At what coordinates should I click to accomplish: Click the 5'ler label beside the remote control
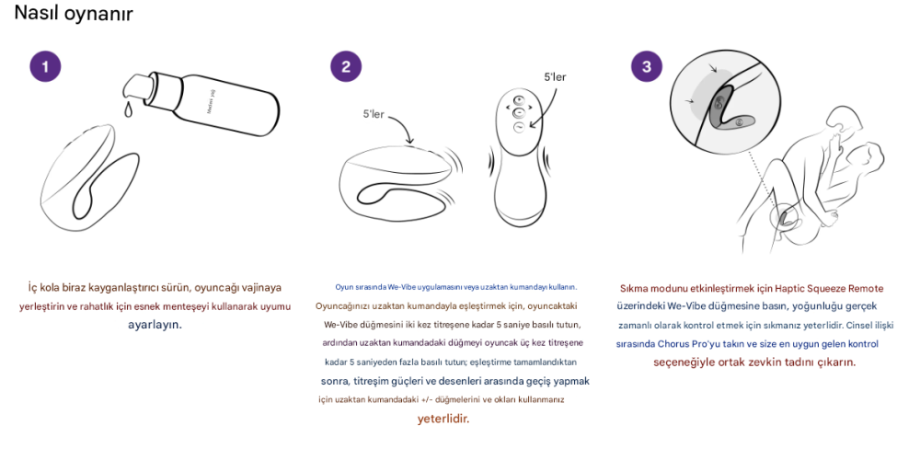(x=555, y=77)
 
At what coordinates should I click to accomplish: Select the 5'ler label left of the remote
(x=379, y=114)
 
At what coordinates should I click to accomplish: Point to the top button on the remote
(x=518, y=99)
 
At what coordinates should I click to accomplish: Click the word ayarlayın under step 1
(x=155, y=325)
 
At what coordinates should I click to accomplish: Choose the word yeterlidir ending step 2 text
(x=443, y=419)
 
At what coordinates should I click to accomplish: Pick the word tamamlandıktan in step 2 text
(x=550, y=362)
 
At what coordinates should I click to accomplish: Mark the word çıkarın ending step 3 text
(x=833, y=362)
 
